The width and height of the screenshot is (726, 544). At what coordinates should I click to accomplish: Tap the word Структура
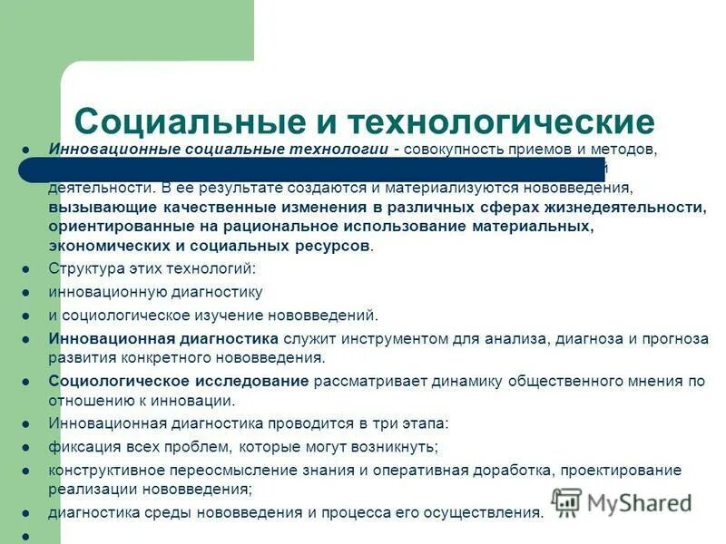point(84,269)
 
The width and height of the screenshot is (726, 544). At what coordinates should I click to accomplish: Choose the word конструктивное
point(106,470)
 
